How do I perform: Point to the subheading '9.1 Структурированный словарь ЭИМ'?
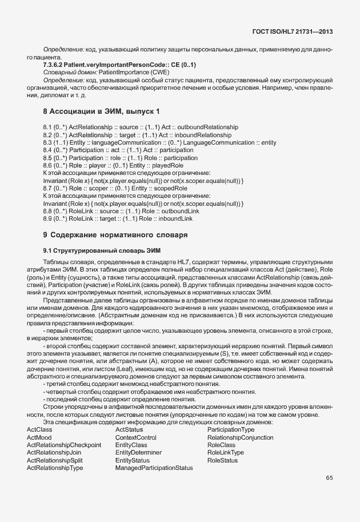coord(102,250)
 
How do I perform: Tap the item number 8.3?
coord(48,142)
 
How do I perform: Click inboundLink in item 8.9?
coord(175,218)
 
